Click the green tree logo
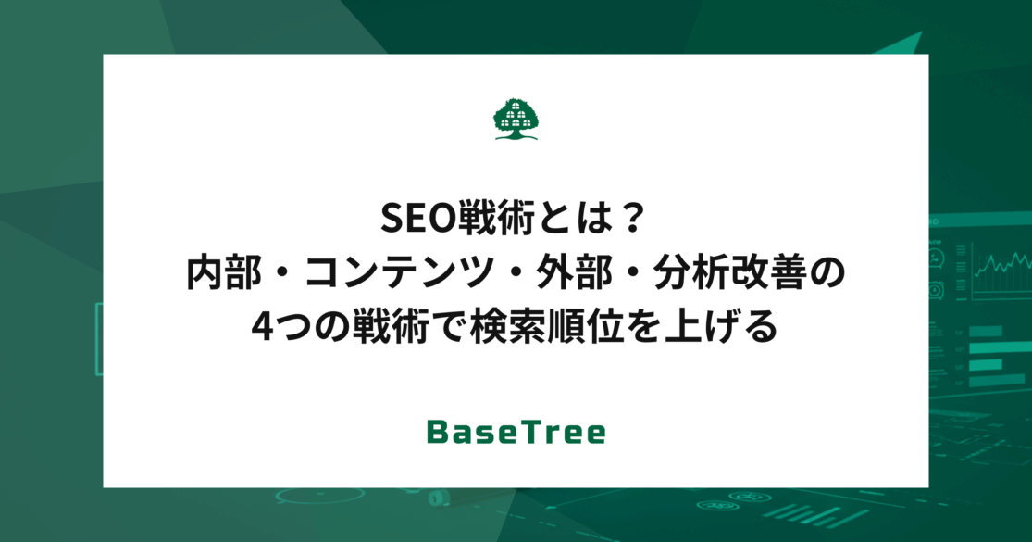[516, 120]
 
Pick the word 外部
[574, 273]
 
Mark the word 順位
[587, 327]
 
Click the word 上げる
[721, 327]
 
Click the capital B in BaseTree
[438, 432]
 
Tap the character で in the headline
[450, 327]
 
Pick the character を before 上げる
[644, 327]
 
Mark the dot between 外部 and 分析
[633, 274]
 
